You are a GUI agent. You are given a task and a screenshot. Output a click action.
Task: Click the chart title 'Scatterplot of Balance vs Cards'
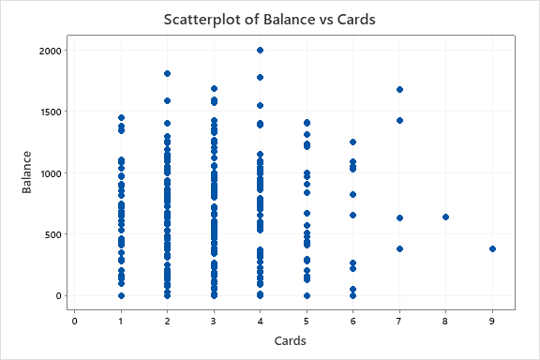click(x=270, y=19)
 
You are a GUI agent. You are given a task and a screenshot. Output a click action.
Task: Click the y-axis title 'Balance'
click(x=27, y=172)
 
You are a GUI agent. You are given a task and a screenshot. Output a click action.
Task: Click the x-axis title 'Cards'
click(x=283, y=341)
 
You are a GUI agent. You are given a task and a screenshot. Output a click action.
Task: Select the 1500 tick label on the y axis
click(x=52, y=112)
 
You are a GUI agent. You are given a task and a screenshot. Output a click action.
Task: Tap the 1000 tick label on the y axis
click(x=52, y=173)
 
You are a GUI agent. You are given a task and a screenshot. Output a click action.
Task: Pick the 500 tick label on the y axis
click(x=55, y=234)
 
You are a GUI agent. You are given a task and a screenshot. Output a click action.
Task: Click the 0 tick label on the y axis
click(x=61, y=296)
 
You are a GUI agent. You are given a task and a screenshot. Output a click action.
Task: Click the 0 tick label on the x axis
click(x=74, y=321)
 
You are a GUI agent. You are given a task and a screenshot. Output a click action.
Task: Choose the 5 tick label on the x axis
click(x=307, y=321)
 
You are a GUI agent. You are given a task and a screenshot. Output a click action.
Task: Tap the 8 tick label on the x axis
click(x=446, y=321)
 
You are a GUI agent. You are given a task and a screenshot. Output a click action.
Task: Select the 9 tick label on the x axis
click(x=492, y=321)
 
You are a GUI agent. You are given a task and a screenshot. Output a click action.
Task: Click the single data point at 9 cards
click(x=492, y=249)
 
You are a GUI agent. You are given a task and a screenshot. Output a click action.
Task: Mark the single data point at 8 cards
click(x=446, y=217)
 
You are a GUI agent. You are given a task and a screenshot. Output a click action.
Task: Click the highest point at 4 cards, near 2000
click(x=260, y=51)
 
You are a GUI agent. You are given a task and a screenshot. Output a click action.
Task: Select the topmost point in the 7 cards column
click(x=399, y=90)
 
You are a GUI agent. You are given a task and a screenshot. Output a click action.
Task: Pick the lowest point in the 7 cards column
click(x=399, y=249)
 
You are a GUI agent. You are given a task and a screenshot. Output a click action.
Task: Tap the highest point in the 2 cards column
click(x=167, y=73)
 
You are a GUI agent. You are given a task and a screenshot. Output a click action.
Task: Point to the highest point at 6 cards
click(x=352, y=142)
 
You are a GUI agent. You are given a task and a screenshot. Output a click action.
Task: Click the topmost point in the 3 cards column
click(x=214, y=89)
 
